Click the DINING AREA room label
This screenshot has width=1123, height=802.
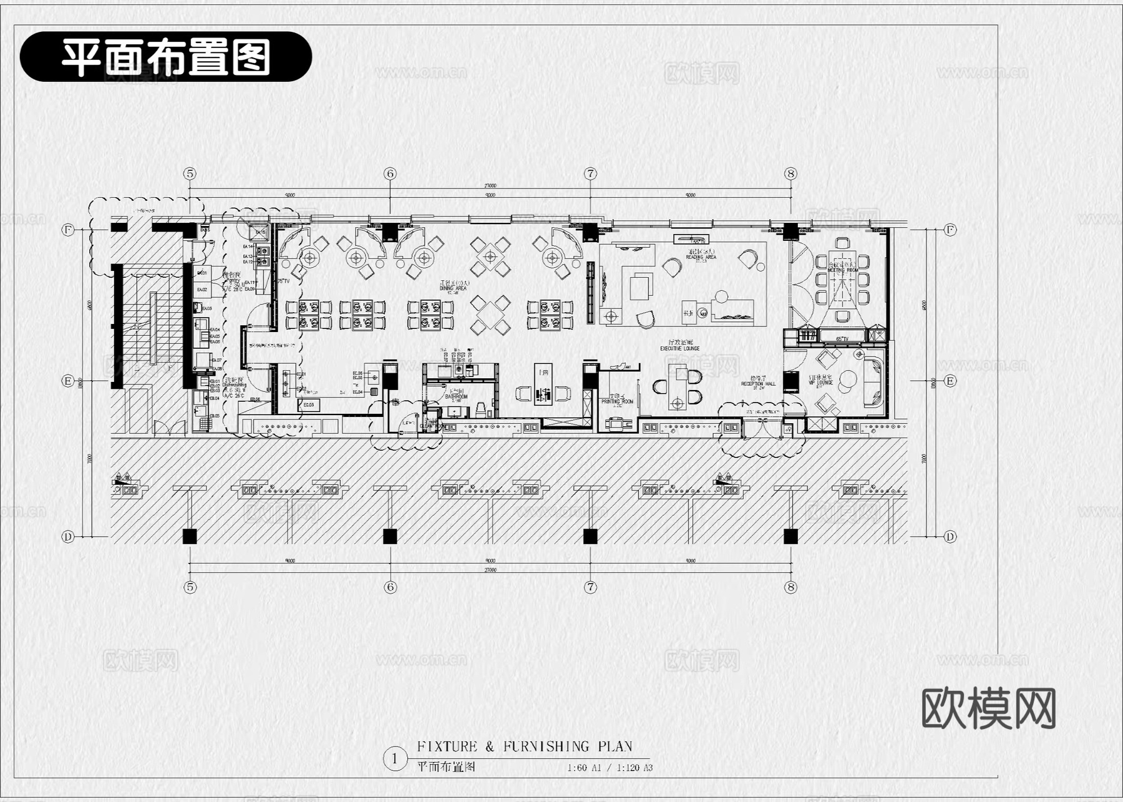(x=454, y=289)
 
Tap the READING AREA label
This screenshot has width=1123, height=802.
(x=701, y=257)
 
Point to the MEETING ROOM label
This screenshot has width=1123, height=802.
(x=843, y=270)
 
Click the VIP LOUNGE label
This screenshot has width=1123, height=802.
(x=821, y=383)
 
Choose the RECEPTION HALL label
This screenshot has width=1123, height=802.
(x=758, y=384)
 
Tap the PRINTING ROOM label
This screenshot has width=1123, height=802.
(x=617, y=401)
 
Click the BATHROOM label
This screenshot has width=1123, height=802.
(x=456, y=397)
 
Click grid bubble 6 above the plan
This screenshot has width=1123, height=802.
(x=391, y=174)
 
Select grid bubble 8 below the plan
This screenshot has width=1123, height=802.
(x=790, y=587)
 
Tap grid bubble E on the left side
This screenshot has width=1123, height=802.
(x=68, y=381)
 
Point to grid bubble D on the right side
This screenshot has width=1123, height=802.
(x=950, y=536)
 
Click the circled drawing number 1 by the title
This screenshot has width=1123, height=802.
(x=394, y=759)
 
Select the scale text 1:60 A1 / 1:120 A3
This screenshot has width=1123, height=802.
(x=610, y=768)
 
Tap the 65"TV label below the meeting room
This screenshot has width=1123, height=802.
(x=842, y=339)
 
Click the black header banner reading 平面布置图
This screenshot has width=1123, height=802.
(x=166, y=57)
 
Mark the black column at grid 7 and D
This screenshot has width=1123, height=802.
(x=590, y=535)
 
